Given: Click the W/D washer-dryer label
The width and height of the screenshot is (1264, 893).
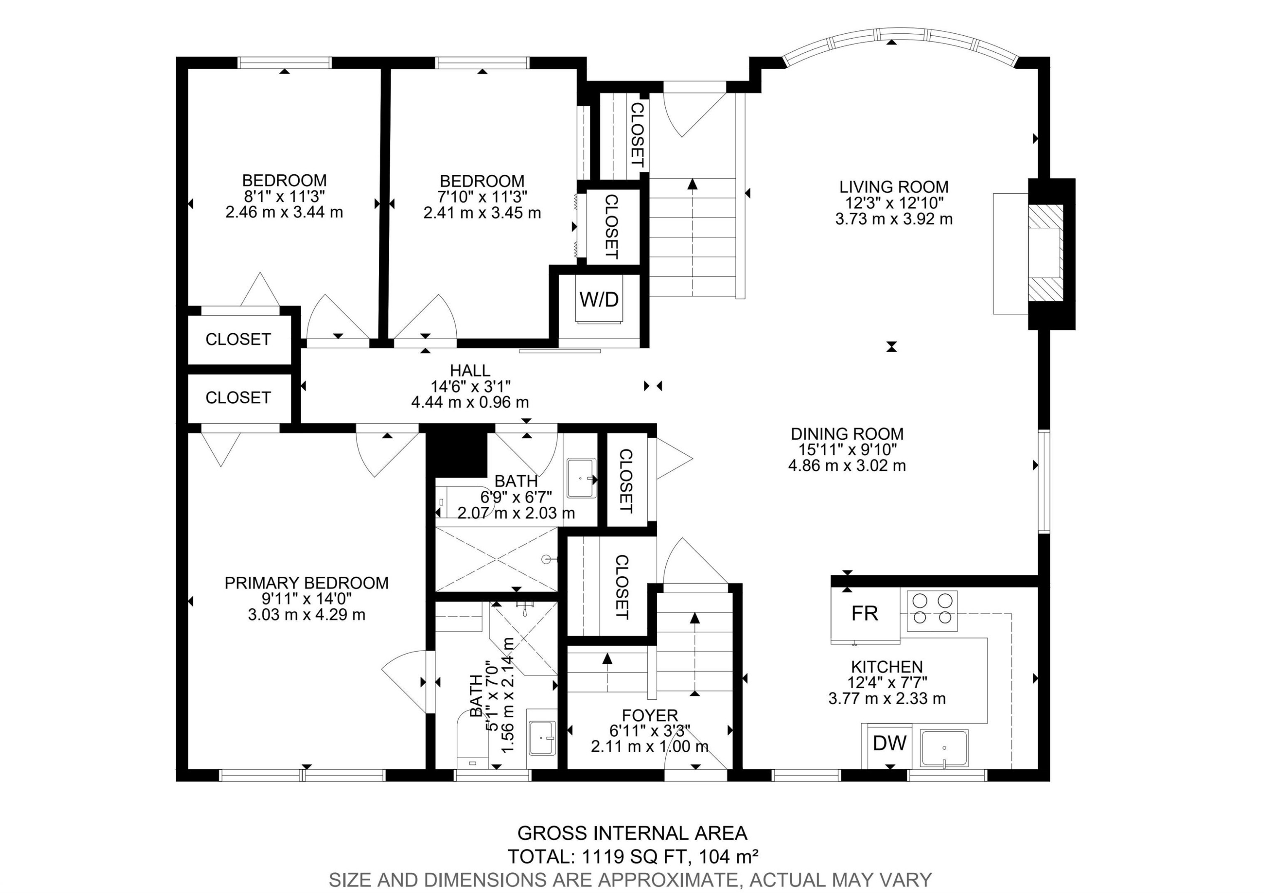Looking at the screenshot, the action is pos(599,299).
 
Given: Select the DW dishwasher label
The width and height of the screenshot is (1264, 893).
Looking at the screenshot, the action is pos(889,743).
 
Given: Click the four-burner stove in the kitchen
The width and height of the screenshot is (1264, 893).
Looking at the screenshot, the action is pos(929,610).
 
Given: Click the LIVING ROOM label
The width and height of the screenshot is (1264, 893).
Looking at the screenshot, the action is pos(894,187).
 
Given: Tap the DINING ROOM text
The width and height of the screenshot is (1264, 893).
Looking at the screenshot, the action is pos(847,433).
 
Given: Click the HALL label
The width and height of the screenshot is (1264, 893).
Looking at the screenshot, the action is pos(470,370).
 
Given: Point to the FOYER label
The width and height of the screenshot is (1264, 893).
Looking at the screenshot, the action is pos(650,715).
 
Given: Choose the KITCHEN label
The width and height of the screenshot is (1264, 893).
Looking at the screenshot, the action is pos(887,667).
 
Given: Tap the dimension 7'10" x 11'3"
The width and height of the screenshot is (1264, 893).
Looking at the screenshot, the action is pos(482,196).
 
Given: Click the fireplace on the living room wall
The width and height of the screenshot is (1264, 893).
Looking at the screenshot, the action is pos(1046,254).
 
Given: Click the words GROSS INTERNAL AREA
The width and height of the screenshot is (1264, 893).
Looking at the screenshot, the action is pos(632,833).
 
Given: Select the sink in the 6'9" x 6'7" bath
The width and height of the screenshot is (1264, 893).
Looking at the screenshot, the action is pos(582,478).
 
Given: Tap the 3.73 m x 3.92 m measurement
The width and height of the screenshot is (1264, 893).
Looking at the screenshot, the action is pos(894,219).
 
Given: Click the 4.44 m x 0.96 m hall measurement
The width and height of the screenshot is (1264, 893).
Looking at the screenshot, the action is pos(470,402).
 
